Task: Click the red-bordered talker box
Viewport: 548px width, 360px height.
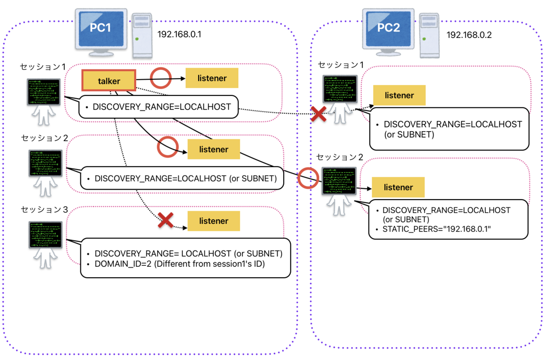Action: (109, 80)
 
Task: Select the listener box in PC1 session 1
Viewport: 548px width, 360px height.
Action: (212, 78)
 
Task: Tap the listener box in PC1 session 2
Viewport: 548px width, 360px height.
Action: (214, 149)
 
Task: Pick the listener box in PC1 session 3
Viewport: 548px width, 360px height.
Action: (214, 221)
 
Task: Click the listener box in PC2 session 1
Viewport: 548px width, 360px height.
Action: (399, 95)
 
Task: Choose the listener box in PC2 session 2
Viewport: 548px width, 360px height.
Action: (398, 187)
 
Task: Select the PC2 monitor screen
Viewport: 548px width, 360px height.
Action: (389, 28)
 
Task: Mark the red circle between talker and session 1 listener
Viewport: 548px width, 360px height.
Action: (161, 78)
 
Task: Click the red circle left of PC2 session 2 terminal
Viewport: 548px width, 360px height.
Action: (308, 177)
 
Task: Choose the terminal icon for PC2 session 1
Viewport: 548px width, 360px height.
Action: (338, 90)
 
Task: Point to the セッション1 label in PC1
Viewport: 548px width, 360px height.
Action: (44, 67)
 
